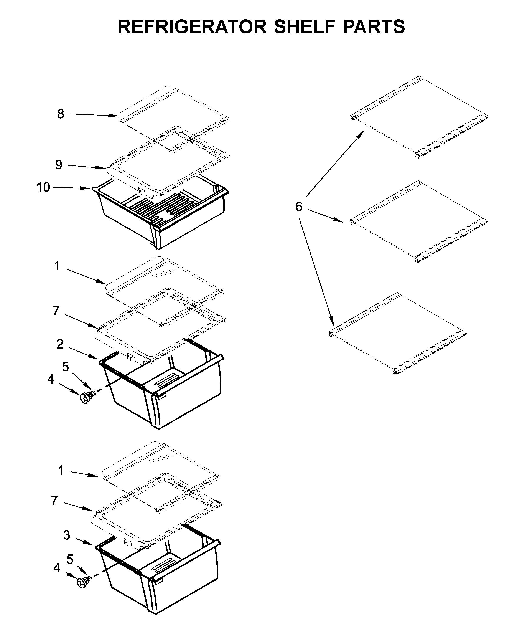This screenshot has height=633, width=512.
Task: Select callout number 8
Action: coord(61,114)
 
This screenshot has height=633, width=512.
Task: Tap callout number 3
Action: coord(67,535)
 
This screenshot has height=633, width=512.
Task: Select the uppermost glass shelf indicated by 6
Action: coord(419,118)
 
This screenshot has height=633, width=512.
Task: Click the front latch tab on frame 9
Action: coord(142,191)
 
